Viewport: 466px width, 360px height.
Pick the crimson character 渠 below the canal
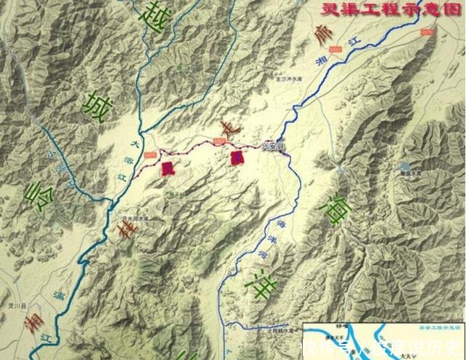[234, 158]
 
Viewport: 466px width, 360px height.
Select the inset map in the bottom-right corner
[384, 340]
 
